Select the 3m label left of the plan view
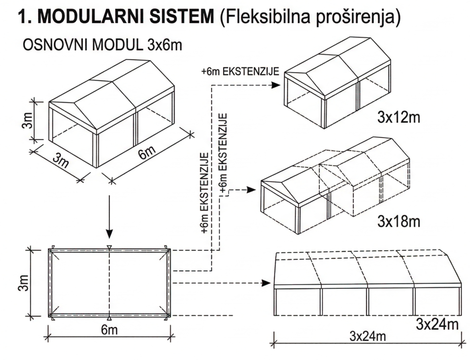tap(24, 282)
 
